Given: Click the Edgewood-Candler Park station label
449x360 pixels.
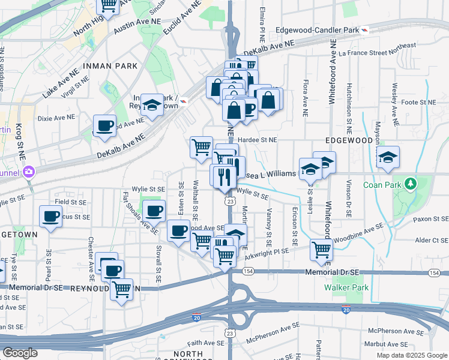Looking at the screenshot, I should tap(316, 30).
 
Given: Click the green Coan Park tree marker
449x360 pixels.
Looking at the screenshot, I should tap(411, 182).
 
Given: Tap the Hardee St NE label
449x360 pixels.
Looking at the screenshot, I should tap(256, 140).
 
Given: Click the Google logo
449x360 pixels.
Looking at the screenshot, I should tap(20, 353).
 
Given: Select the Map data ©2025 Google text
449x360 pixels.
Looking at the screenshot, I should tap(412, 355).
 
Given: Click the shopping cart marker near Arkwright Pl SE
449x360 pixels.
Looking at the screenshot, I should tap(322, 250).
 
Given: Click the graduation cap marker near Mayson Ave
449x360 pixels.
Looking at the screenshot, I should tap(388, 157).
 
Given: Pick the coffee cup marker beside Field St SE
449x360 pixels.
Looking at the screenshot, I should tap(50, 217).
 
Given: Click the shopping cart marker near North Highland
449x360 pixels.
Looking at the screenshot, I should tap(109, 5).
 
